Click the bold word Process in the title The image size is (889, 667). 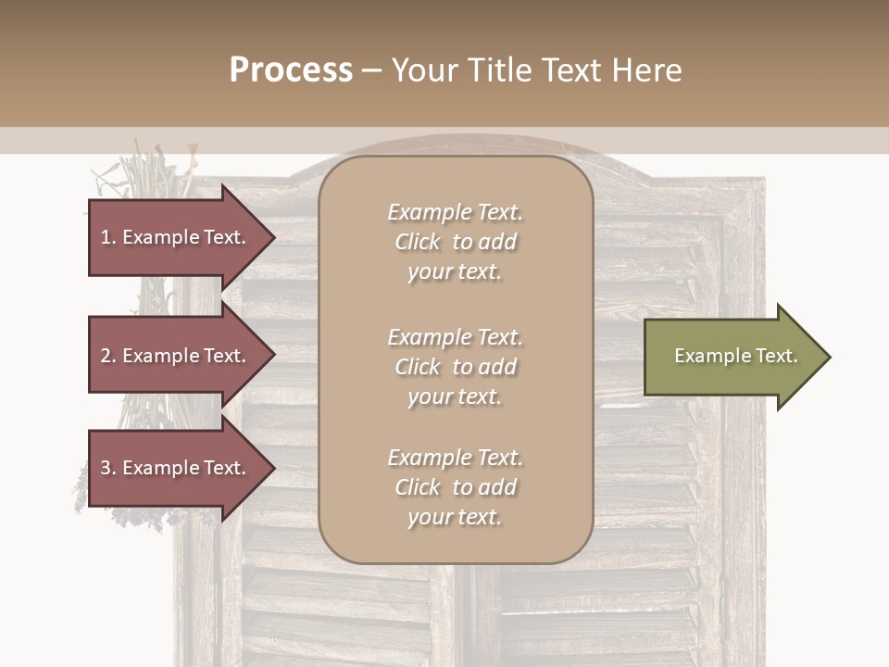(x=291, y=70)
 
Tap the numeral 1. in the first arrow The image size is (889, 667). (x=108, y=237)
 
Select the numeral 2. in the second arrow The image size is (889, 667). (x=108, y=356)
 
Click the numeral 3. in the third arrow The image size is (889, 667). (x=108, y=468)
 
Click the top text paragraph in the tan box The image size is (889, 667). (x=455, y=242)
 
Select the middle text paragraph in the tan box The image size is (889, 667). (x=455, y=367)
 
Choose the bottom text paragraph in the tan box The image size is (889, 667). (x=455, y=487)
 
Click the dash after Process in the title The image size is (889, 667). (x=371, y=70)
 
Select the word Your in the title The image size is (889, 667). (x=420, y=70)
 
